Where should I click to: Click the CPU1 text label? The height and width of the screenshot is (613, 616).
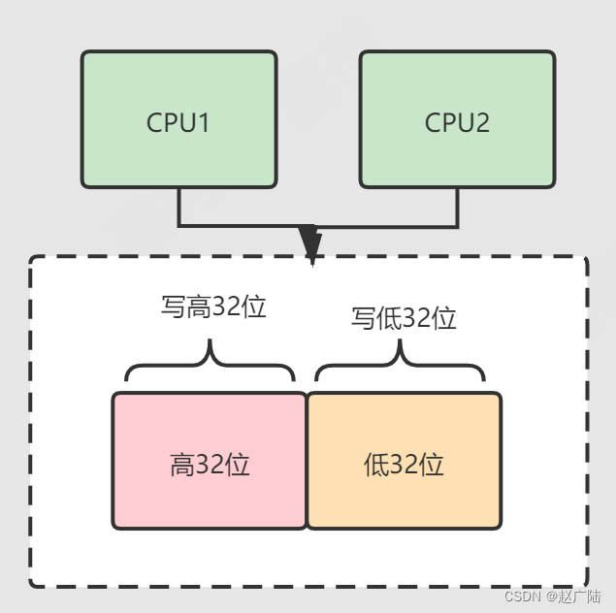point(178,123)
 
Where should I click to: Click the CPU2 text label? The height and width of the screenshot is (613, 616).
point(457,123)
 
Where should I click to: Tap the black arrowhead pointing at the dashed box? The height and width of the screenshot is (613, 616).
point(309,243)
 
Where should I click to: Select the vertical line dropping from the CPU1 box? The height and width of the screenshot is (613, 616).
point(179,207)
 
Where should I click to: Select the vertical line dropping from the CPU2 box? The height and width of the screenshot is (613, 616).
point(457,207)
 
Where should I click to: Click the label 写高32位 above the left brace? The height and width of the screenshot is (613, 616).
point(213,307)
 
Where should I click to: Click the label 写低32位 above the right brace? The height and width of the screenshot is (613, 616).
point(404,318)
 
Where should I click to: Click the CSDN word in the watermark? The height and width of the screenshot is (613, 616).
point(523,597)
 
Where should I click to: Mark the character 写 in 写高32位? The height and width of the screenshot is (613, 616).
point(172,307)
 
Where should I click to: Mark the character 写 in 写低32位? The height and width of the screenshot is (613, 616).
point(363,318)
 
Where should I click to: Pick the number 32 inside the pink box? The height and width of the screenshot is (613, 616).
point(210,466)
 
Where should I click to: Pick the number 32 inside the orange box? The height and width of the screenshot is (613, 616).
point(405,466)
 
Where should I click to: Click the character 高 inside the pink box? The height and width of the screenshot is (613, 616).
point(182,466)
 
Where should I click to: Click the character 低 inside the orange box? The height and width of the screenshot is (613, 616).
point(376,466)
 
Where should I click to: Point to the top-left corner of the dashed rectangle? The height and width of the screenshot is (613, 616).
point(33,260)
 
